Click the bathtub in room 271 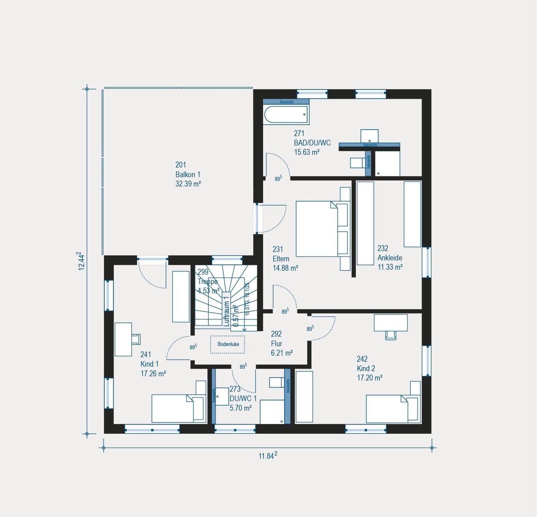click(286, 115)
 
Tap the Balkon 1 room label click(188, 174)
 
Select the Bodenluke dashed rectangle click(227, 345)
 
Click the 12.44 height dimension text click(81, 261)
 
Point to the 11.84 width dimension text click(268, 456)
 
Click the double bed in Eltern click(317, 229)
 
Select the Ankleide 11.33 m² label click(390, 258)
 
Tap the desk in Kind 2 click(390, 323)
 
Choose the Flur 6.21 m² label click(282, 343)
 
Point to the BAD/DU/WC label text click(312, 143)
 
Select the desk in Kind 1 click(123, 339)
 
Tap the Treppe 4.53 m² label click(208, 282)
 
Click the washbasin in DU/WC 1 click(223, 396)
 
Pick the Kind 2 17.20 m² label click(369, 368)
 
